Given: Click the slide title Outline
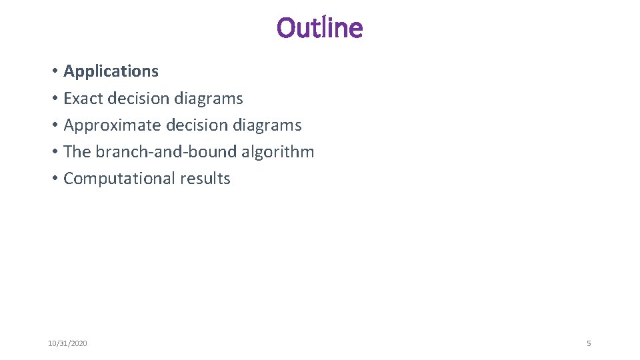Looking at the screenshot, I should (320, 28).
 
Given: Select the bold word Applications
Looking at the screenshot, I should (111, 71).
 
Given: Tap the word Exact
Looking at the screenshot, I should (83, 99).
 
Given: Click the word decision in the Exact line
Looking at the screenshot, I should (139, 99).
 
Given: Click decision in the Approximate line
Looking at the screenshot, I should (197, 125).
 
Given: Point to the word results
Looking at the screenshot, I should (205, 179).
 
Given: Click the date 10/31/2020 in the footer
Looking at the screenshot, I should (67, 343).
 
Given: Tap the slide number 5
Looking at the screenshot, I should (589, 343).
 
